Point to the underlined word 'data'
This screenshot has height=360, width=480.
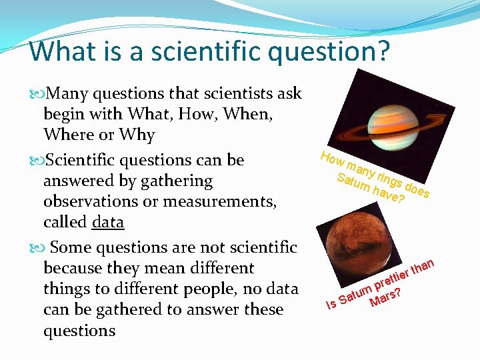(x=108, y=222)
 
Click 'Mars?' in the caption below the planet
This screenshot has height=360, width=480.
(x=385, y=297)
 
